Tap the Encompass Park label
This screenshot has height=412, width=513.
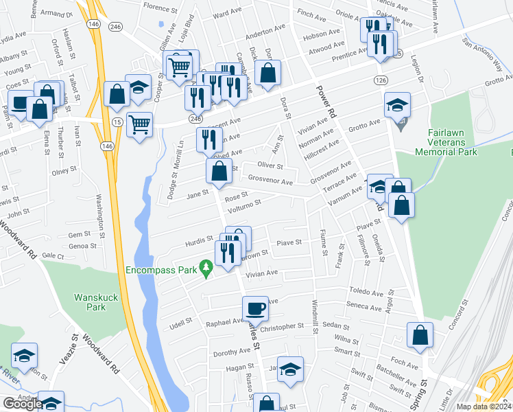[x=162, y=270]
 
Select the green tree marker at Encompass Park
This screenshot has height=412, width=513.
[x=204, y=266]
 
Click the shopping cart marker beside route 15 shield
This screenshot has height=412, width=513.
[x=140, y=124]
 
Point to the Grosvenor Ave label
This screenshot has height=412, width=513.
[x=270, y=183]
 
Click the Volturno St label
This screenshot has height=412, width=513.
[x=245, y=204]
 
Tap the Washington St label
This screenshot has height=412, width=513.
[x=99, y=215]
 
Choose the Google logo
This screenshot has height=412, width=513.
[x=23, y=404]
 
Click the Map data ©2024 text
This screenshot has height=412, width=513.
[x=483, y=407]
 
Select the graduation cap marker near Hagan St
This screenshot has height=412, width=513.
[x=290, y=369]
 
